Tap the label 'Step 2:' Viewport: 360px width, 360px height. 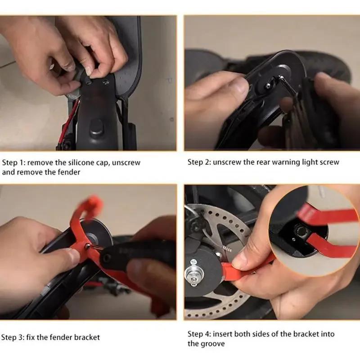199,162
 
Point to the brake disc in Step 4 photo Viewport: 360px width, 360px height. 225,234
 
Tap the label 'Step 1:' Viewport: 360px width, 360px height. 14,162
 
